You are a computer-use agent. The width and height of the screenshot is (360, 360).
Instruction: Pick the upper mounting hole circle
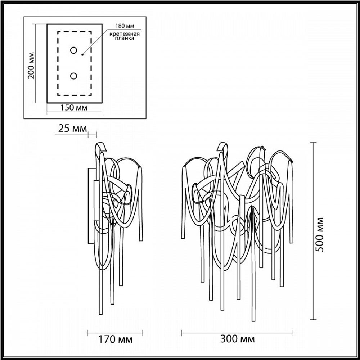tap(73, 50)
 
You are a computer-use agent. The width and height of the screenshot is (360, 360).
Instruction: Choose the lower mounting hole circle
tap(73, 76)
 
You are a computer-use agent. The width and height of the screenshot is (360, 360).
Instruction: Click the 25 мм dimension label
tap(71, 128)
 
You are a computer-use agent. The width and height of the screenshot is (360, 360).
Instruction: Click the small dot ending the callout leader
tap(82, 55)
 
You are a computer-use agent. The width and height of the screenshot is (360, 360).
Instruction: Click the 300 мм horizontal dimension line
tap(238, 332)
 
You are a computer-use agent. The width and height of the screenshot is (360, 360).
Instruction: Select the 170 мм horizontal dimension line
tap(116, 332)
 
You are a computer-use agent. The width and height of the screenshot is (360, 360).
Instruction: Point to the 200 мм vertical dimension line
tap(35, 63)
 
